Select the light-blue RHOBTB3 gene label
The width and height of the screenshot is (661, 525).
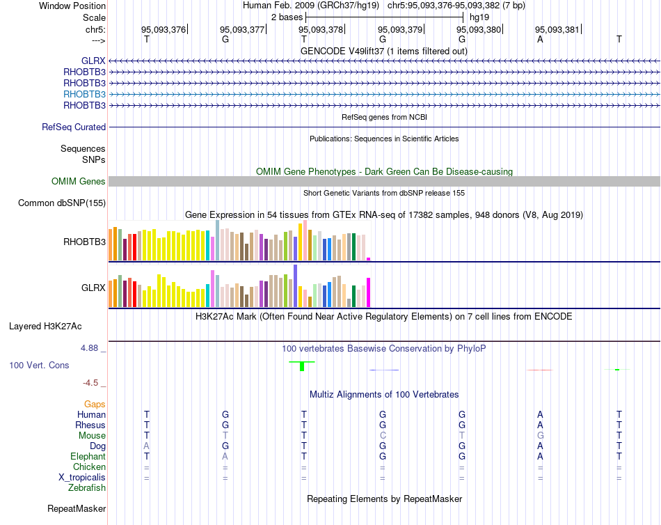(x=84, y=94)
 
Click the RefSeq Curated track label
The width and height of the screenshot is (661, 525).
(x=74, y=127)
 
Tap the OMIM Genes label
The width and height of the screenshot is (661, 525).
(x=79, y=182)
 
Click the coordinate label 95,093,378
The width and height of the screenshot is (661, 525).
(x=321, y=30)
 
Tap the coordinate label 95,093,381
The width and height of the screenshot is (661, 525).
(x=557, y=30)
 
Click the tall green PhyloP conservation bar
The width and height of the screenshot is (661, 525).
(x=302, y=366)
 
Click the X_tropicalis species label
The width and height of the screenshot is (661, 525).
(x=82, y=478)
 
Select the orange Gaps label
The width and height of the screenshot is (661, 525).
(x=95, y=405)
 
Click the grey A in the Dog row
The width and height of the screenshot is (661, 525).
(x=146, y=446)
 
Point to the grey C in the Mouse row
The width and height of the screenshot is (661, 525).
(x=383, y=435)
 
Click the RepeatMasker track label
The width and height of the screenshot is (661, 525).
(x=77, y=509)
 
